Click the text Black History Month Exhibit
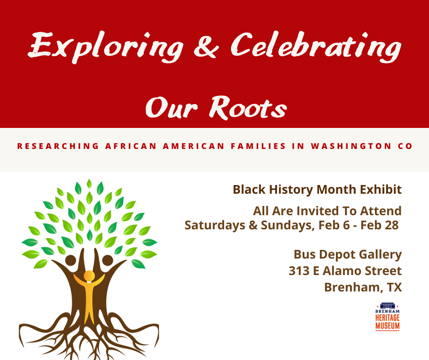(x=317, y=190)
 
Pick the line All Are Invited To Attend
(x=327, y=211)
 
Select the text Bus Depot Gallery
(x=347, y=254)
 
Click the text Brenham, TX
(x=363, y=287)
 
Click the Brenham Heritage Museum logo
(x=387, y=316)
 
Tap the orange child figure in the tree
(x=89, y=292)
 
